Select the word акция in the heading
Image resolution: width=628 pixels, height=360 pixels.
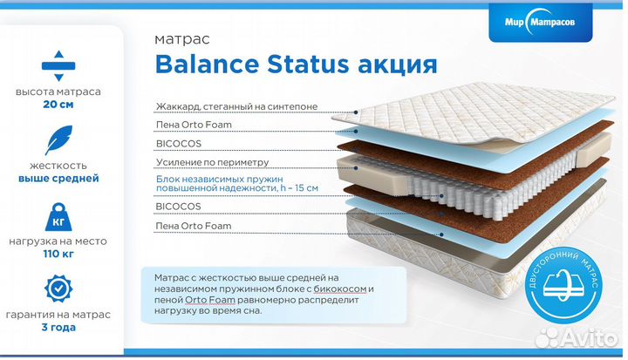click(x=392, y=65)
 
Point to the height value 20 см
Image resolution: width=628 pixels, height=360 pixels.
click(x=58, y=105)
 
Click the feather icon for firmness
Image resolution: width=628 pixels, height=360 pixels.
click(x=58, y=140)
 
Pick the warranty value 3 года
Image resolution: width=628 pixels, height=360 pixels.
click(x=58, y=328)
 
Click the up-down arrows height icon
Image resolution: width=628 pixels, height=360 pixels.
click(x=58, y=65)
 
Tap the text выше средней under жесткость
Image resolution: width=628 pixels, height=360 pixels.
click(x=58, y=179)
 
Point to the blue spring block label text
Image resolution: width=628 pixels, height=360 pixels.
click(x=235, y=183)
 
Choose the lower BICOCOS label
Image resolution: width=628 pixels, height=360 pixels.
click(x=178, y=207)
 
